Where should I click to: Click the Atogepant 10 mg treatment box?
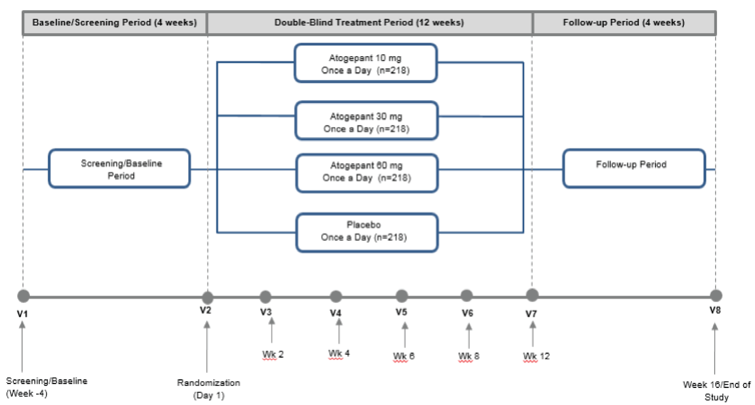(366, 63)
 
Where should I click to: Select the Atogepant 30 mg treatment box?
(366, 121)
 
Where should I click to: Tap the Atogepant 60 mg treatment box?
(367, 173)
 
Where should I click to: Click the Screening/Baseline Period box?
(119, 169)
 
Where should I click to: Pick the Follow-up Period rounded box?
(634, 169)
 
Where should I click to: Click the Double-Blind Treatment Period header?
(369, 23)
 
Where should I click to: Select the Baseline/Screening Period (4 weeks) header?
(114, 23)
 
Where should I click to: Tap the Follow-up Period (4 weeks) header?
(623, 23)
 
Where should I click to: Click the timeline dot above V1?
(23, 296)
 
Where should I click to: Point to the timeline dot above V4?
(336, 296)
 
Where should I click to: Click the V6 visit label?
(467, 313)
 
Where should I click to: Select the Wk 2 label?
(273, 354)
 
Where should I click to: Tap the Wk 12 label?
(536, 356)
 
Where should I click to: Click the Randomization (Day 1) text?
(208, 389)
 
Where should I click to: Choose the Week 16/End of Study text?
(716, 391)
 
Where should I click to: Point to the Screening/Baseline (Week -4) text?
(46, 387)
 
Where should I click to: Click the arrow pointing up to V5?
(405, 335)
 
